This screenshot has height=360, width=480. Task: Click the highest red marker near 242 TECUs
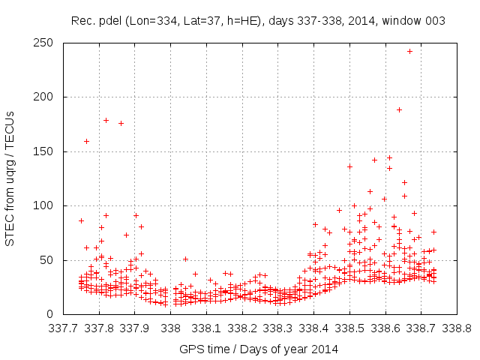pos(409,51)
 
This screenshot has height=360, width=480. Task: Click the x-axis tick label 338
pos(171,328)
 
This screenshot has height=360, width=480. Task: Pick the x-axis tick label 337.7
pos(64,328)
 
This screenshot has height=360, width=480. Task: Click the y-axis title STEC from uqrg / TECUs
pos(10,178)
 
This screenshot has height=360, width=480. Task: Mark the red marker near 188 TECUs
pos(399,109)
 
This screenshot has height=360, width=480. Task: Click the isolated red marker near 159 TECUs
pos(86,141)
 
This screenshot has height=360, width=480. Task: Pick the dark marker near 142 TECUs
pos(374,160)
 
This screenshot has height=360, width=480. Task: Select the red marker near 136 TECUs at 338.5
pos(349,166)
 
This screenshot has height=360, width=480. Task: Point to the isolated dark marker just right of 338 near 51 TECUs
pos(185,259)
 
